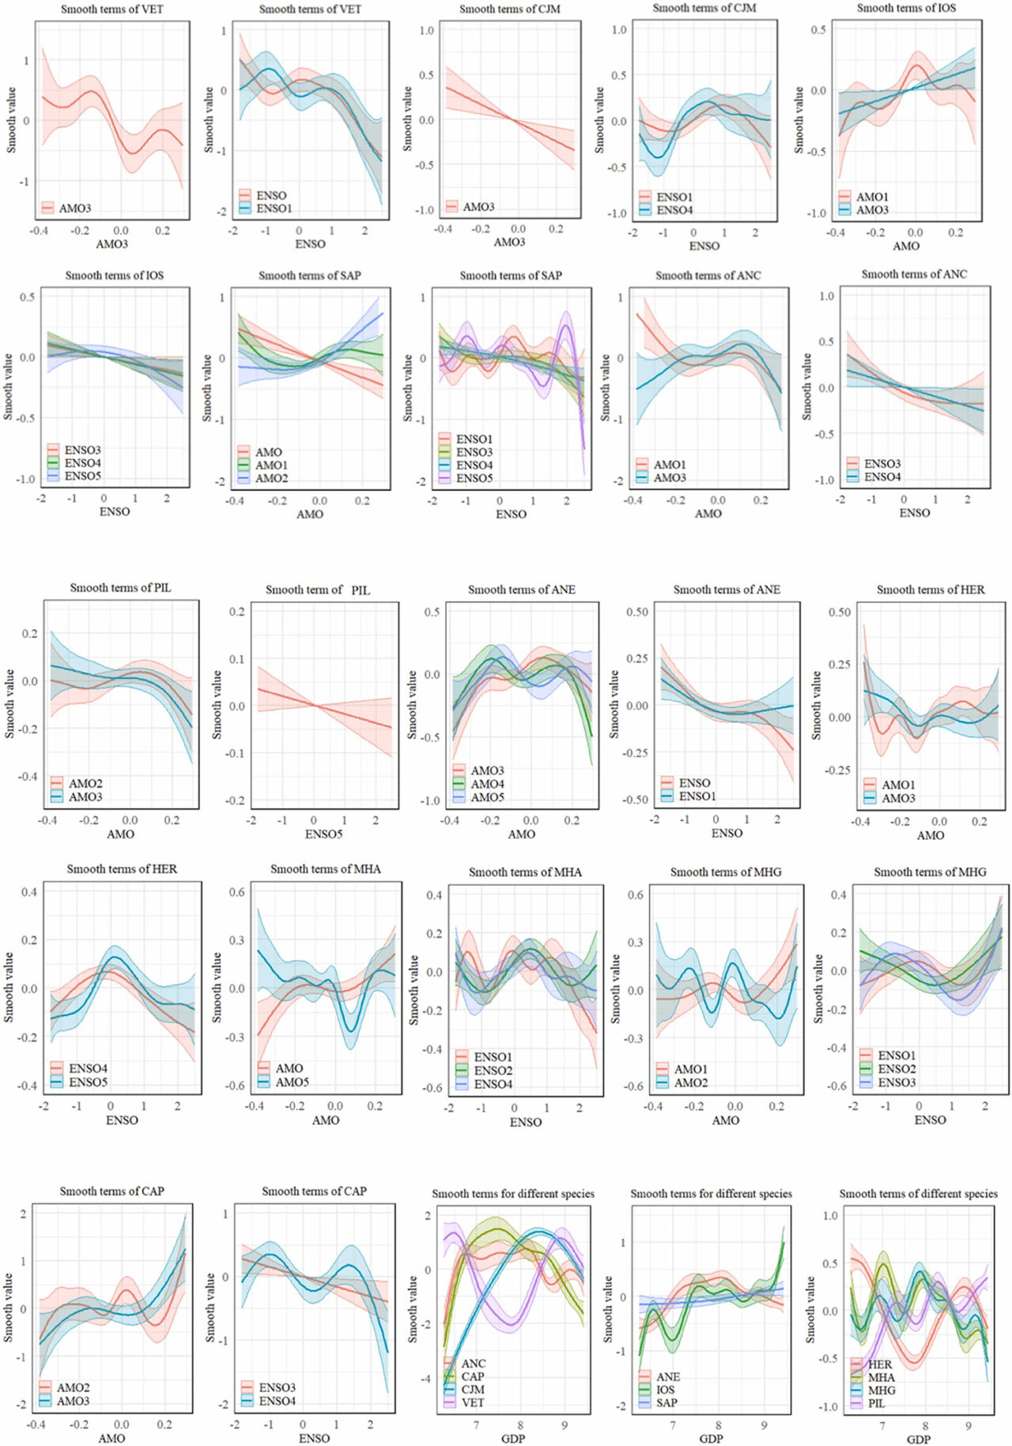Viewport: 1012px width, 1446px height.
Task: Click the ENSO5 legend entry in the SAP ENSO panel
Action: tap(474, 478)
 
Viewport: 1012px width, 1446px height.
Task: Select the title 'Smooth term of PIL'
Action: tap(317, 589)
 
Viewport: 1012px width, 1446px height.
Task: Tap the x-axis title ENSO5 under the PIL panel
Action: tap(323, 834)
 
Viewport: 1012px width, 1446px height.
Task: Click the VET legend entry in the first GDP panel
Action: tap(472, 1402)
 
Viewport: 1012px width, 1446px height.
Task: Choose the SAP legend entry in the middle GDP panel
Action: tap(666, 1403)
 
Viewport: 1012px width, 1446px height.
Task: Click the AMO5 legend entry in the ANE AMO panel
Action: tap(487, 797)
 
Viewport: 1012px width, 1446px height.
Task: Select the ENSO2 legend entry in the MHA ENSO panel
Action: tap(493, 1071)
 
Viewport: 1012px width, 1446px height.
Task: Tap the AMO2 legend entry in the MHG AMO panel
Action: tap(690, 1083)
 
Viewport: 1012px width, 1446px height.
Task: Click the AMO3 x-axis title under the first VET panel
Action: tap(111, 243)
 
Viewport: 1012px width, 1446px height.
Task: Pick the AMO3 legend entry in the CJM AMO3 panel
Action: tap(478, 207)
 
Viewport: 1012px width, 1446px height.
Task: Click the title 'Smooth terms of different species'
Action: tap(918, 1194)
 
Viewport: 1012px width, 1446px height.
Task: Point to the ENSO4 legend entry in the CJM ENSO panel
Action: tap(674, 210)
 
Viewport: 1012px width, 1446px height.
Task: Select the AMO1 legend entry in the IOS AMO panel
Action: tap(872, 197)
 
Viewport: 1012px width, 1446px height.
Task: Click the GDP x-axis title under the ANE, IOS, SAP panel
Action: tap(711, 1439)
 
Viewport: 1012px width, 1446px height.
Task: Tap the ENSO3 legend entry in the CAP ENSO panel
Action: tap(277, 1388)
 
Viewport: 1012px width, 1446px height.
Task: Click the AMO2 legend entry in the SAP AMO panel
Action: tap(271, 478)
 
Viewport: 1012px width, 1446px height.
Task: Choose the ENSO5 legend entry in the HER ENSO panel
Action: tap(87, 1082)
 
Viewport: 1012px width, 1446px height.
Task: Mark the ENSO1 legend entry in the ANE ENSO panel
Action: tap(696, 796)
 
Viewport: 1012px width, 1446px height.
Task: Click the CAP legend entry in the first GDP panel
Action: tap(472, 1376)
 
